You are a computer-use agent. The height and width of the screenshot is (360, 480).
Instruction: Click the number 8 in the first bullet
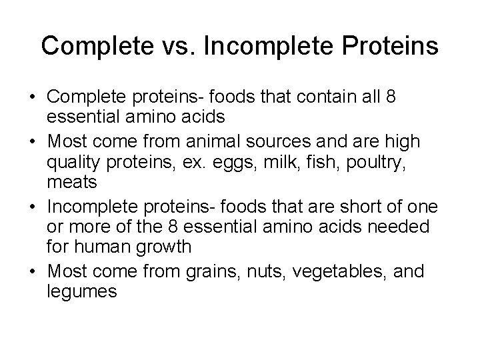[391, 98]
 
